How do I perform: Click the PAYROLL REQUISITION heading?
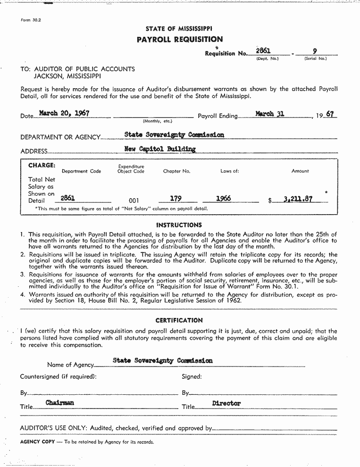pyautogui.click(x=179, y=40)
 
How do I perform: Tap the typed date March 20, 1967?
pyautogui.click(x=64, y=113)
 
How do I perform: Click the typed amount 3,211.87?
pyautogui.click(x=298, y=199)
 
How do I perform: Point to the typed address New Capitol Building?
pyautogui.click(x=159, y=149)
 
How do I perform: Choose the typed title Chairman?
pyautogui.click(x=60, y=403)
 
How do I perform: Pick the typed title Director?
pyautogui.click(x=226, y=403)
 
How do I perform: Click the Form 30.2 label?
pyautogui.click(x=31, y=21)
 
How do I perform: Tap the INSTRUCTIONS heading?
pyautogui.click(x=179, y=225)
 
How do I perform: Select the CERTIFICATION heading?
pyautogui.click(x=179, y=320)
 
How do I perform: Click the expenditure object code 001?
pyautogui.click(x=134, y=200)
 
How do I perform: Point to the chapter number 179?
pyautogui.click(x=176, y=199)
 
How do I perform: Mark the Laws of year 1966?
pyautogui.click(x=223, y=199)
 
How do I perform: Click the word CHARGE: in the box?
pyautogui.click(x=42, y=166)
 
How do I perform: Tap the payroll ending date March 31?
pyautogui.click(x=269, y=114)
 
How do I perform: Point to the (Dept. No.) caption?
pyautogui.click(x=267, y=58)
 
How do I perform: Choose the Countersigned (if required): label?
pyautogui.click(x=58, y=376)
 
